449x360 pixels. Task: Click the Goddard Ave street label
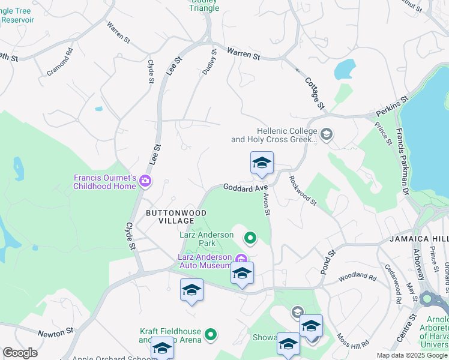point(246,188)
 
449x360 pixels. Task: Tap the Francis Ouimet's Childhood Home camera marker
point(145,181)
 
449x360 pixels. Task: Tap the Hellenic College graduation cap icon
point(327,134)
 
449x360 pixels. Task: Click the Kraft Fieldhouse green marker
point(211,334)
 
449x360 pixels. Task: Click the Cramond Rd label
point(59,62)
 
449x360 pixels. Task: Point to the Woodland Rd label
point(357,278)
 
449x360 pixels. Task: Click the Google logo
point(20,352)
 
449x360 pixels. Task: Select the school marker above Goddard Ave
point(262,163)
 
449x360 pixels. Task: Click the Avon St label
point(267,205)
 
